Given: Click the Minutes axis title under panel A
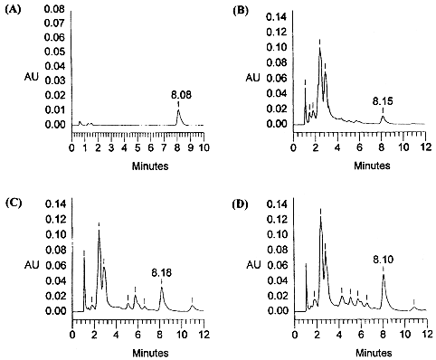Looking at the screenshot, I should pos(138,166).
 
